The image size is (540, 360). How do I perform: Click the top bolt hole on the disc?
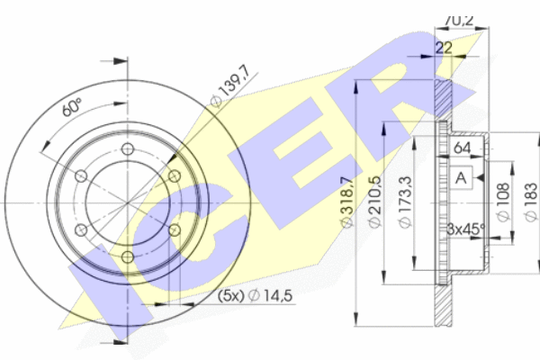(x=128, y=149)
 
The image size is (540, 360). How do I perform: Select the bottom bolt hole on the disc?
(x=128, y=256)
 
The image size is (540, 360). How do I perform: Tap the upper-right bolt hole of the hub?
(x=175, y=176)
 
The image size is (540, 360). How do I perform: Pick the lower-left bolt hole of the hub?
(x=81, y=229)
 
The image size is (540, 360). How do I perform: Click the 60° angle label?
(x=72, y=108)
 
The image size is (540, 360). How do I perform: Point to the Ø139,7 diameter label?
(x=229, y=90)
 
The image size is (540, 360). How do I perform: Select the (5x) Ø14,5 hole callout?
(x=256, y=295)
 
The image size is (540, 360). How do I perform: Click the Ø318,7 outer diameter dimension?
(x=347, y=202)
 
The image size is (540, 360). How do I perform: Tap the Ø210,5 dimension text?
(x=374, y=202)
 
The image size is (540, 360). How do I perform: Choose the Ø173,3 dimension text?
(x=405, y=202)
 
